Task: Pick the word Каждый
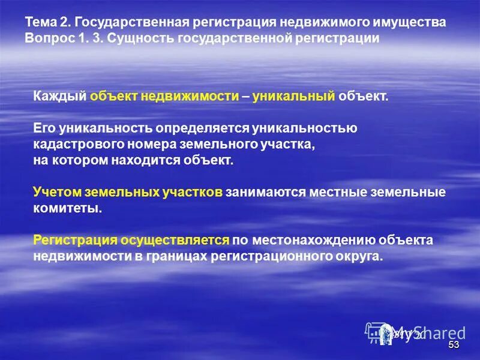[x=59, y=97]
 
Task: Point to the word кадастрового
[x=75, y=145]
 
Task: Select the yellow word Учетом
[x=57, y=193]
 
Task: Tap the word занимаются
[x=266, y=193]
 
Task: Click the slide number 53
[x=454, y=345]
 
